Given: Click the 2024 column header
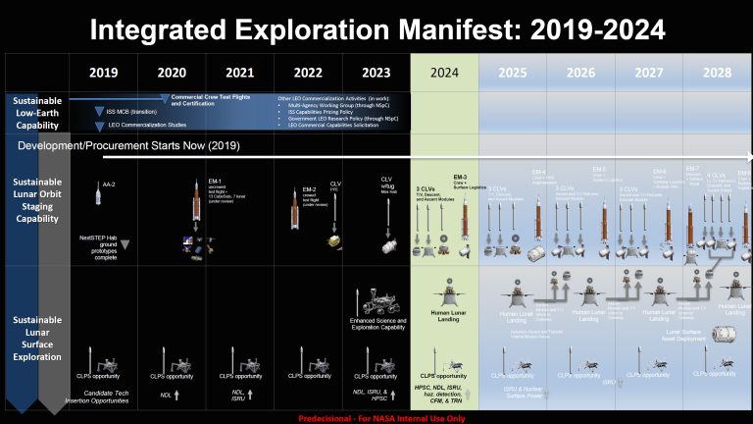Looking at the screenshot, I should pos(444,73).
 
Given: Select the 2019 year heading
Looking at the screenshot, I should pos(103,73).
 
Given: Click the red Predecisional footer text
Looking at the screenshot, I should pos(376,416).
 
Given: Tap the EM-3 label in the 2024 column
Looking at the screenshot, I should pos(458,177).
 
